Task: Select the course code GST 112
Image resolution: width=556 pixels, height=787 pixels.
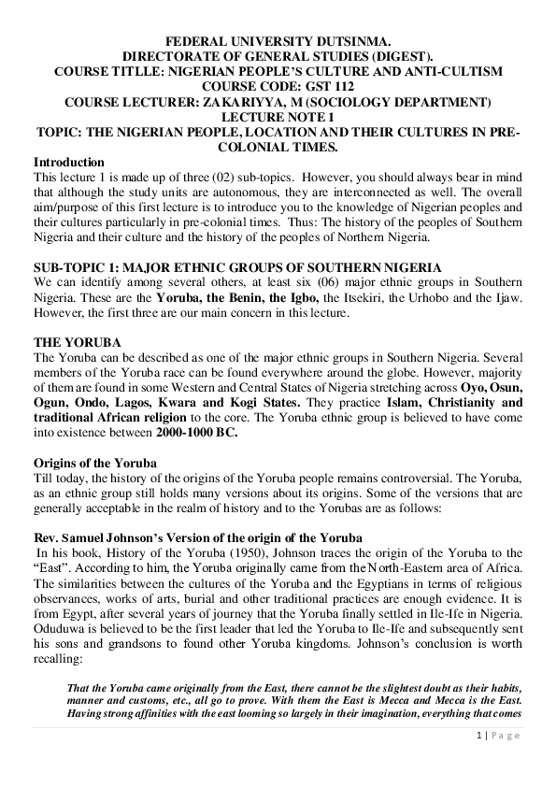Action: click(x=301, y=86)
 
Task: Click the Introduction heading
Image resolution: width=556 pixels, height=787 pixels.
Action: click(x=68, y=162)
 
